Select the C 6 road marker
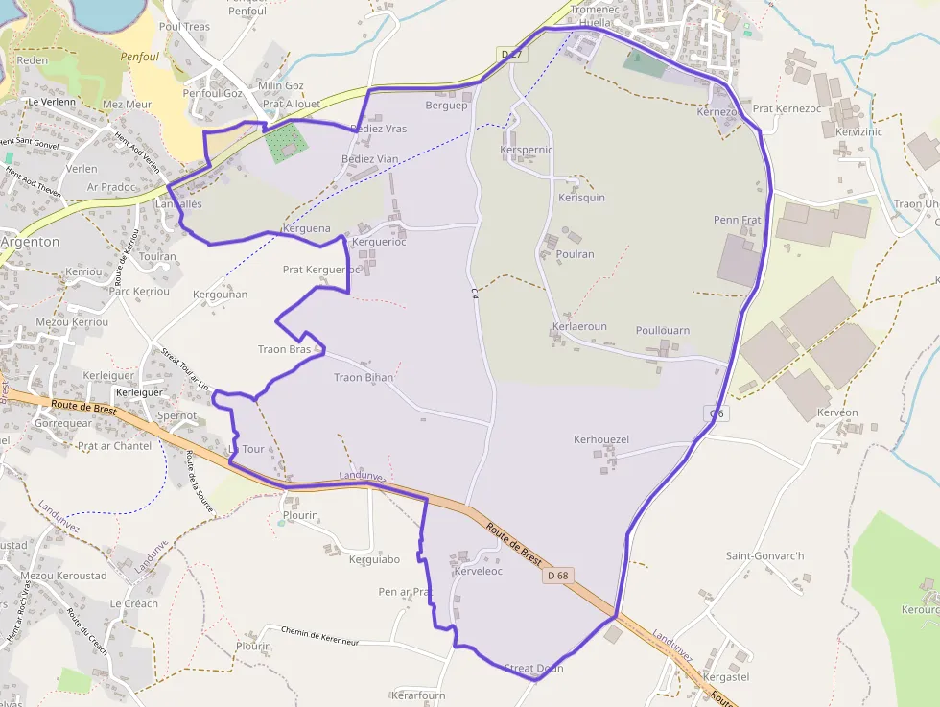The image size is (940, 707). [x=717, y=413]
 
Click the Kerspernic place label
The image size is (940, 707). [x=527, y=151]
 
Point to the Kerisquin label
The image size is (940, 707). [x=581, y=198]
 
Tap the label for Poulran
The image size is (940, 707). [x=576, y=254]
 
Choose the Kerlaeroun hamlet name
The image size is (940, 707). [x=579, y=326]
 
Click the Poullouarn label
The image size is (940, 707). [x=662, y=330]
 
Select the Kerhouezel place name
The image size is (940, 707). [x=600, y=439]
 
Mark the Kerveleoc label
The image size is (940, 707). [x=478, y=571]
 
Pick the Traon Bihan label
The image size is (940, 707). [x=364, y=378]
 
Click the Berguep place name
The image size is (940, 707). [x=446, y=106]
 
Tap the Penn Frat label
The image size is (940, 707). [x=738, y=220]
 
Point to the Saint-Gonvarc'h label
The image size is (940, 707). [x=764, y=555]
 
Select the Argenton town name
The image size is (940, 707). [x=29, y=242]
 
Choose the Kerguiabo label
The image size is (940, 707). [x=375, y=558]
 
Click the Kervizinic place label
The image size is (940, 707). [x=858, y=131]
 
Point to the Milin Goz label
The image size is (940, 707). [x=281, y=85]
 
